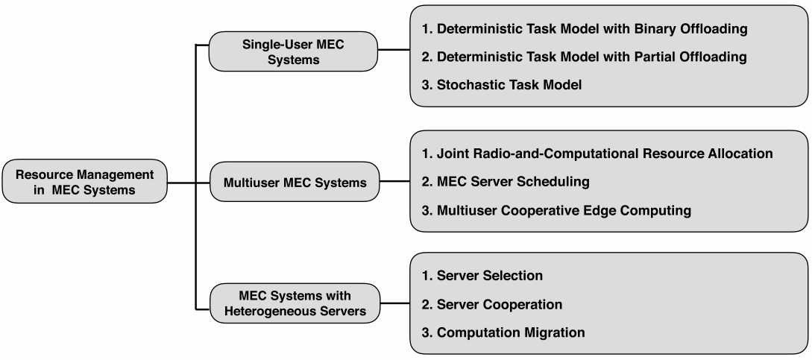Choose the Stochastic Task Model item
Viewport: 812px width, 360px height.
501,85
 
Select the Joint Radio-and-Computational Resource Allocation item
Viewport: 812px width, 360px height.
597,154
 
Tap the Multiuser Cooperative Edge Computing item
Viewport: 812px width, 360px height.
556,210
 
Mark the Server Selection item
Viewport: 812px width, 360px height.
482,275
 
